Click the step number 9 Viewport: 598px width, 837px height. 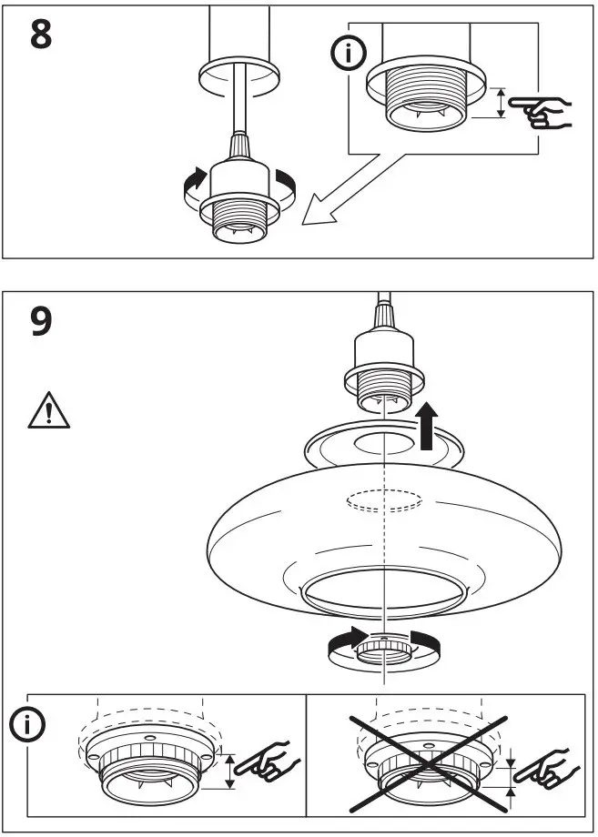(x=41, y=322)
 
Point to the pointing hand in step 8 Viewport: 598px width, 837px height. (x=542, y=111)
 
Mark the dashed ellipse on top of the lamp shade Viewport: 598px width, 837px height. (x=384, y=500)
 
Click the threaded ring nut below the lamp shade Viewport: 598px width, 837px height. (x=386, y=650)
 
